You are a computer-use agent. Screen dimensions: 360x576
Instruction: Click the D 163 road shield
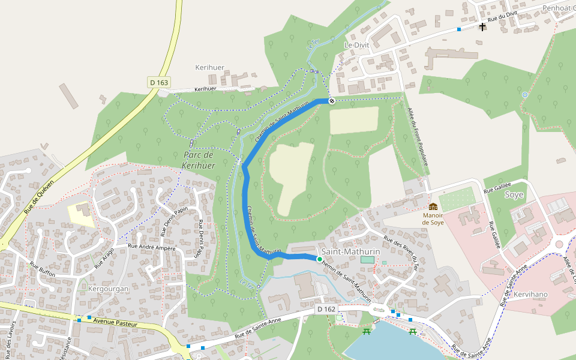pyautogui.click(x=159, y=82)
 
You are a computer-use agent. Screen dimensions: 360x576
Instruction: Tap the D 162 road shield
pyautogui.click(x=326, y=308)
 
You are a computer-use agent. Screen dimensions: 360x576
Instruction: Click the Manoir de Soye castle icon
pyautogui.click(x=433, y=206)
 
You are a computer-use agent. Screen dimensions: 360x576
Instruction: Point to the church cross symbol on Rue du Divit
pyautogui.click(x=482, y=26)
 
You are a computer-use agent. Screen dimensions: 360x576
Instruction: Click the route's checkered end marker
pyautogui.click(x=331, y=101)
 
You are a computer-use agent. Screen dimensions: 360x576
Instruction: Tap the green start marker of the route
pyautogui.click(x=320, y=259)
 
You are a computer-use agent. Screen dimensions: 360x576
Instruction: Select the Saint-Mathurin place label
pyautogui.click(x=347, y=251)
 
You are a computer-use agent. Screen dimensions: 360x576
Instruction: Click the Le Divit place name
pyautogui.click(x=356, y=45)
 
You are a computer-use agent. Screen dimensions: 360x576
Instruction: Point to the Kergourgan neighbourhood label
pyautogui.click(x=109, y=289)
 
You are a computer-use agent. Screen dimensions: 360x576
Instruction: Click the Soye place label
pyautogui.click(x=514, y=195)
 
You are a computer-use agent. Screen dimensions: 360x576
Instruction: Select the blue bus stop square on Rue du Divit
pyautogui.click(x=459, y=29)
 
